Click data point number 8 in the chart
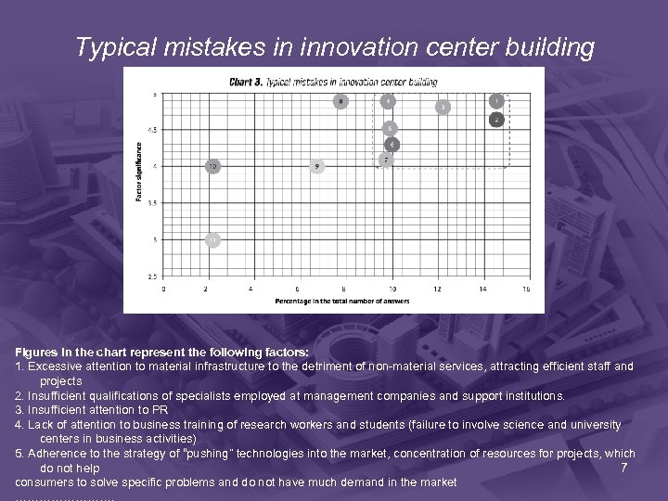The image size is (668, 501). (340, 101)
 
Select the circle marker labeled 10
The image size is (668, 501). (213, 166)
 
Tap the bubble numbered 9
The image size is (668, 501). (317, 166)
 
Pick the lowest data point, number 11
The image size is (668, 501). (213, 239)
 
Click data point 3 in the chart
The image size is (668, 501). (444, 108)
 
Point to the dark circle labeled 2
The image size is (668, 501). (497, 120)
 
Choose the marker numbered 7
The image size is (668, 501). (386, 160)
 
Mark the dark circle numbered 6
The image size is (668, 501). (392, 144)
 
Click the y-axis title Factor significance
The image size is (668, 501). (140, 172)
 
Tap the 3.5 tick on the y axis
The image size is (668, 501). (153, 202)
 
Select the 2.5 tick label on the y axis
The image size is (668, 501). (153, 276)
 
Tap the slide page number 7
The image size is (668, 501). (624, 467)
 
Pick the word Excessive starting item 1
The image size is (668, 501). (55, 366)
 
